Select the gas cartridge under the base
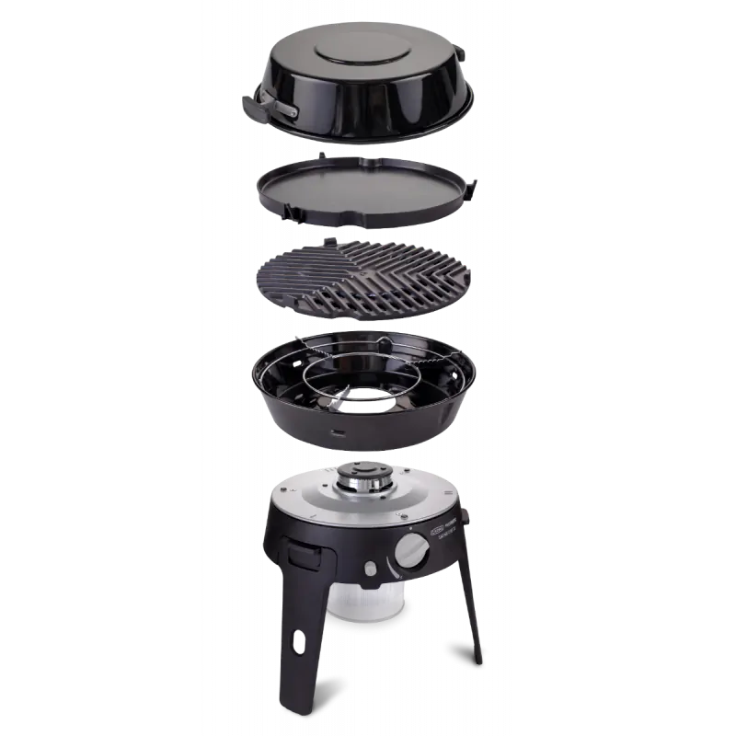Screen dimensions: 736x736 [x=360, y=607]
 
